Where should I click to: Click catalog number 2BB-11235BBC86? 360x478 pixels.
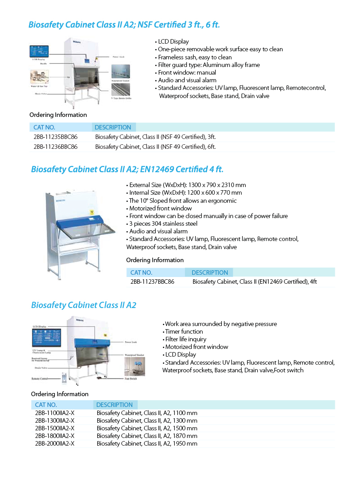click(55, 137)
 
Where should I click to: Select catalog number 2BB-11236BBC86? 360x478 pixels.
click(55, 147)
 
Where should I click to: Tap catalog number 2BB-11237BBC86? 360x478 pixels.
click(152, 282)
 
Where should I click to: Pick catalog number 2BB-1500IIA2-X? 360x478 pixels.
click(54, 428)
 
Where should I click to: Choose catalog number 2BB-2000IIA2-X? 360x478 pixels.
click(54, 443)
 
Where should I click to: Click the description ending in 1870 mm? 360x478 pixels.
click(147, 436)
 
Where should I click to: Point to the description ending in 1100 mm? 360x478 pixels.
click(147, 413)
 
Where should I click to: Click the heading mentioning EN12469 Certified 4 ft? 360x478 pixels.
click(127, 170)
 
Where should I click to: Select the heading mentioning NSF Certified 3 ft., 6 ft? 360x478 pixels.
click(124, 24)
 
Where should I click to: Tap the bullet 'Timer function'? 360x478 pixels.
click(184, 331)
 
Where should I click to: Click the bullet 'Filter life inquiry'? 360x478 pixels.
click(185, 339)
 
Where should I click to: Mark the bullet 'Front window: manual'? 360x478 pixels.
click(187, 72)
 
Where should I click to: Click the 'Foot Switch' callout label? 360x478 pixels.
click(130, 379)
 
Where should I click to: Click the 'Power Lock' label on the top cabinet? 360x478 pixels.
click(118, 57)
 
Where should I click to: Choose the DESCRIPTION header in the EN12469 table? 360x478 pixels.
click(210, 273)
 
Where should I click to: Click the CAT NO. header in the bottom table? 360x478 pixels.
click(46, 405)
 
